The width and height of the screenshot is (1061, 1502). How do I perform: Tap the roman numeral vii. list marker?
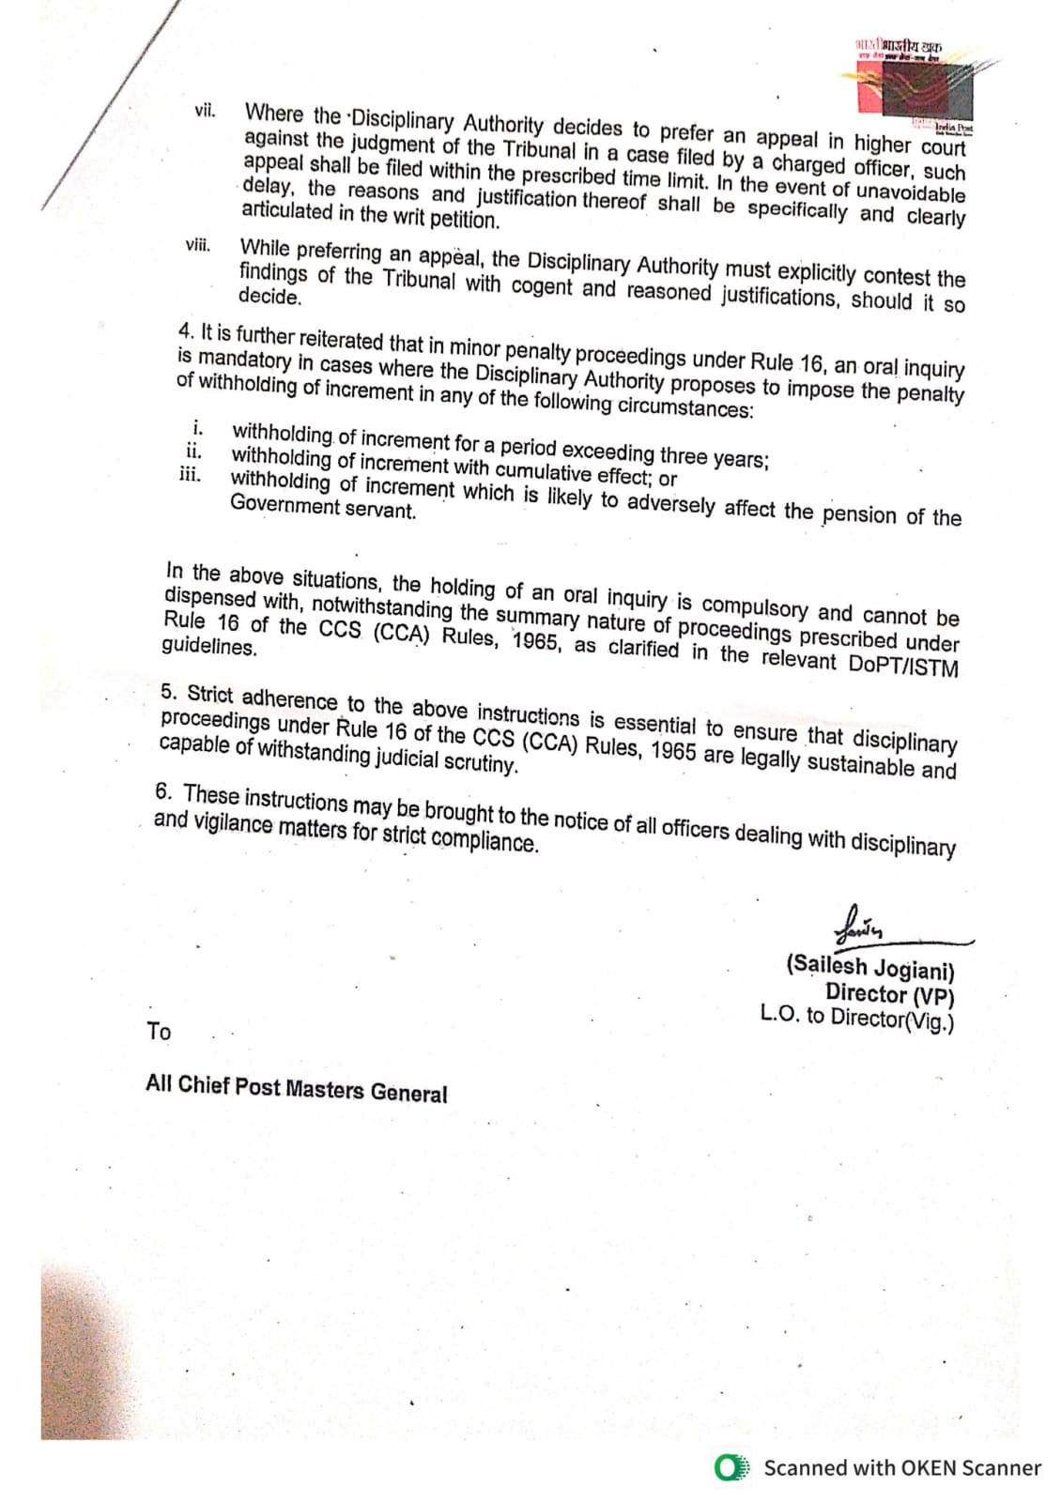coord(204,111)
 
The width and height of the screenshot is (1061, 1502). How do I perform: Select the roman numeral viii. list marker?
coord(197,246)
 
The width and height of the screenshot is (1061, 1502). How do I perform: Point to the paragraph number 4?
coord(185,330)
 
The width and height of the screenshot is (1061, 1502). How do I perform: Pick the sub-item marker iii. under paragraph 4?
coord(190,473)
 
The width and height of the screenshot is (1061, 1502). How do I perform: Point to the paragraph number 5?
coord(168,692)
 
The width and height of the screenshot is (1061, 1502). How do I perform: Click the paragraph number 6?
coord(164,791)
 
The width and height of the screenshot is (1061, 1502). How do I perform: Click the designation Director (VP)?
coord(889,993)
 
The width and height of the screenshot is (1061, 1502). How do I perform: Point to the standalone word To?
coord(159,1031)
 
